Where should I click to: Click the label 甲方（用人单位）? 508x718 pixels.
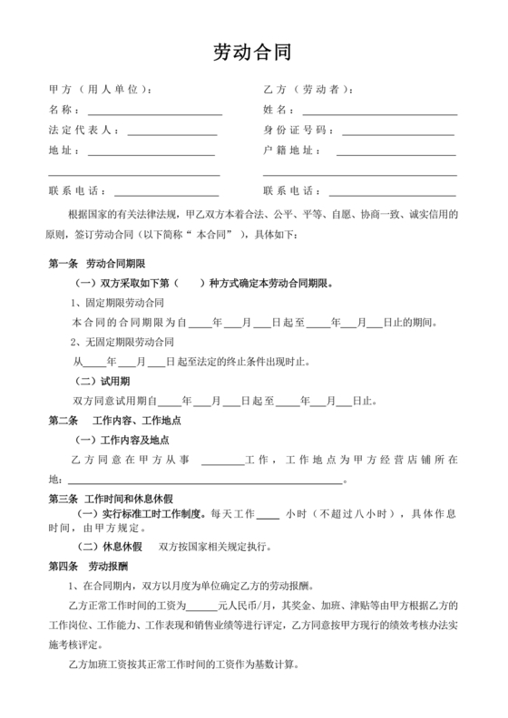click(100, 90)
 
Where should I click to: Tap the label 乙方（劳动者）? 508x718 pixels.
click(308, 90)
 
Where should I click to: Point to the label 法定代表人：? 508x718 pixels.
click(83, 131)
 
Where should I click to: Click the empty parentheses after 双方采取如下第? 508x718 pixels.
click(190, 283)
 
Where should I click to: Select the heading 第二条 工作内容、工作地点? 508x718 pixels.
click(115, 421)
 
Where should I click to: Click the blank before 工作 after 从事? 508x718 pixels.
click(222, 461)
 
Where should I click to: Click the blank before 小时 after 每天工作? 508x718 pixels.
click(268, 516)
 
